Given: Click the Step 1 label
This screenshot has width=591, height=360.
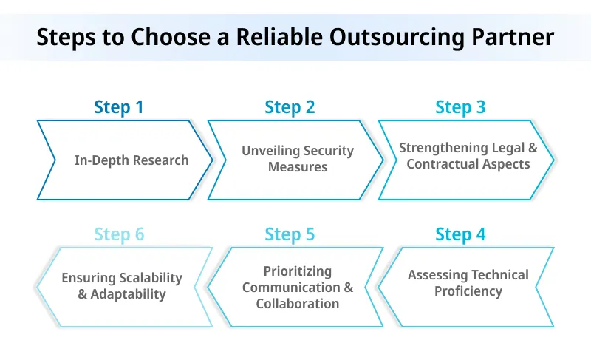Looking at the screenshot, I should pos(119,107).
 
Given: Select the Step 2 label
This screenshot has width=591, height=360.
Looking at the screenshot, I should pos(290,107).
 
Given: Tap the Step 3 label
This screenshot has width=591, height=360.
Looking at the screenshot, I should pos(460,107).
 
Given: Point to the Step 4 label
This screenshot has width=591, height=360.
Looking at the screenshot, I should pos(460,235).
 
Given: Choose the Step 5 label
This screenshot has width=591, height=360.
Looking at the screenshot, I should pos(290,235).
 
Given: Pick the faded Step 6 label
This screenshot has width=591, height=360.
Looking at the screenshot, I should pos(119,235).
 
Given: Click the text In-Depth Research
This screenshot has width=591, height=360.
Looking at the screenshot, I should pos(131,160).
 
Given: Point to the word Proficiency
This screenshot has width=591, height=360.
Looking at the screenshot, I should pos(468,291).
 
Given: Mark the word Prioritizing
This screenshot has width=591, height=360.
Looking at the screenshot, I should pos(298,271).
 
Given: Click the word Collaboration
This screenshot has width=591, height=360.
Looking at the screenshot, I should pos(298,304).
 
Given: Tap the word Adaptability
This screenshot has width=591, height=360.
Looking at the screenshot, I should pos(129,294).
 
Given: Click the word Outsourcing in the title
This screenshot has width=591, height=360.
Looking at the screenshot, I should pos(383,36).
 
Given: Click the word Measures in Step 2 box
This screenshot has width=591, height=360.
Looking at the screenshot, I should pos(298,167).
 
